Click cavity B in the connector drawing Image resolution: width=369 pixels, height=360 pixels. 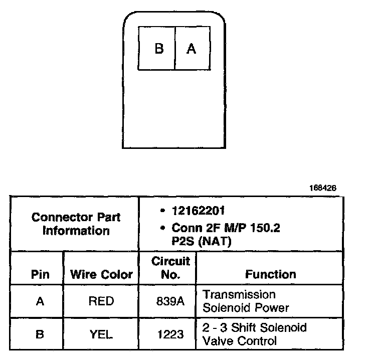coord(158,49)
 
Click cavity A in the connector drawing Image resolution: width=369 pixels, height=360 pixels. coord(191,49)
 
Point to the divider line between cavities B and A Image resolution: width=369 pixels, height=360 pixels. coord(175,48)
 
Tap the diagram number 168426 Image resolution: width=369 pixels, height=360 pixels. coord(323,188)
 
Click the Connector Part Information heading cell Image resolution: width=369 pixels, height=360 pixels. coord(76,224)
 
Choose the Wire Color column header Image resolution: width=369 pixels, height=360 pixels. coord(101,274)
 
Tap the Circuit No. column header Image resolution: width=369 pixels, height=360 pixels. coord(170,268)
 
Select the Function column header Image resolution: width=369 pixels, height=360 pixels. coord(270,274)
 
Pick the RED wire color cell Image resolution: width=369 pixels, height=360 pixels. coord(101,301)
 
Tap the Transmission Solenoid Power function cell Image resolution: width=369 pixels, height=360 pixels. coord(246,301)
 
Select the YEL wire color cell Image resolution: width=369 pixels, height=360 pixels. coord(101,334)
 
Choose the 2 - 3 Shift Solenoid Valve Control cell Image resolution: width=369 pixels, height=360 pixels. coord(254,334)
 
